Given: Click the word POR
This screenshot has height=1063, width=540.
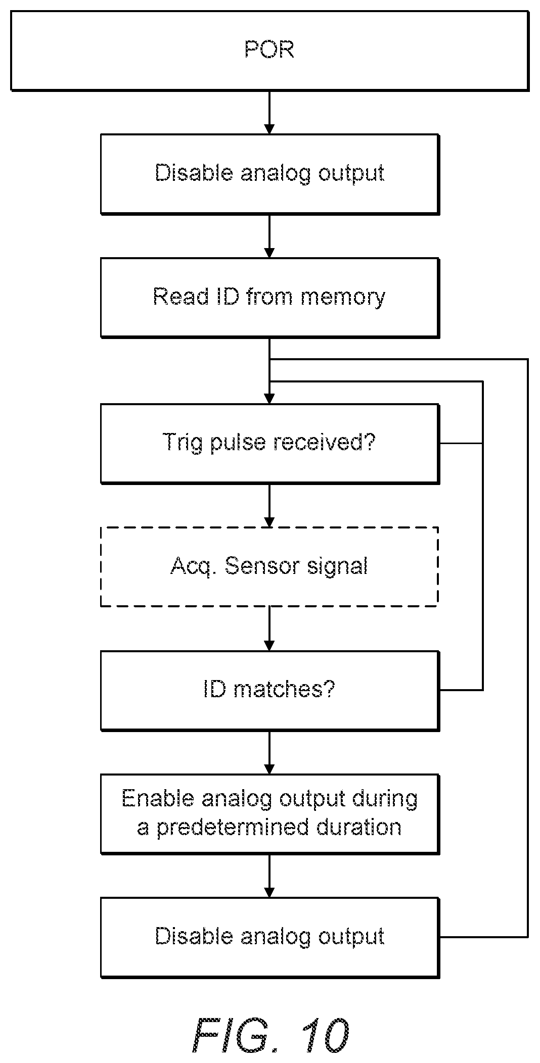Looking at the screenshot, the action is (269, 50).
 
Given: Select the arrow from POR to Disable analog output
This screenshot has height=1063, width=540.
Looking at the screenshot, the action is (269, 113).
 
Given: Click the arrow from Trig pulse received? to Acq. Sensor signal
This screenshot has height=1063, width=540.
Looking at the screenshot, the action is (269, 505).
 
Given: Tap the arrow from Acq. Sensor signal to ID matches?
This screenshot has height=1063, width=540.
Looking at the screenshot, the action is (269, 629).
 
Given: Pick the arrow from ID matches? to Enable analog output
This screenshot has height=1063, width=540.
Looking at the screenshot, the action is (269, 752).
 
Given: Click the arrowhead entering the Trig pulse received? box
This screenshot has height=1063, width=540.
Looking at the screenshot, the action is (269, 398).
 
